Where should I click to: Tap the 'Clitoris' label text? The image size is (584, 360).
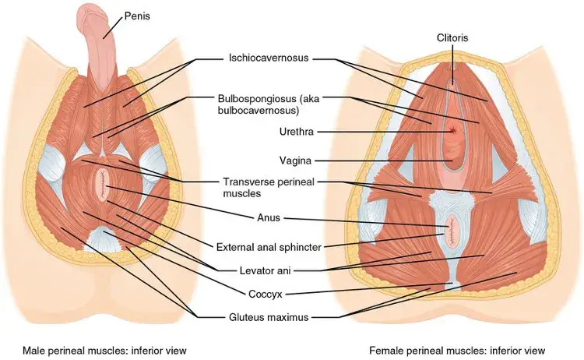click(x=452, y=37)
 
